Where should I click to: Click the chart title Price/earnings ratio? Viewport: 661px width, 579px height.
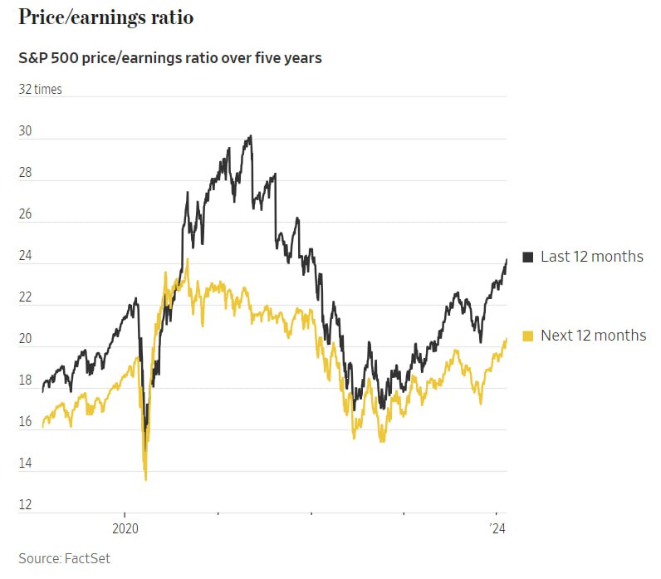tap(105, 17)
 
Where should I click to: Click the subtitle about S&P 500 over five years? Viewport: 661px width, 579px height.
tap(170, 59)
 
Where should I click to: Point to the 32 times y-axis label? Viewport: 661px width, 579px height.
tap(41, 90)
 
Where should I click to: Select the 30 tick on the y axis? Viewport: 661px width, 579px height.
tap(26, 131)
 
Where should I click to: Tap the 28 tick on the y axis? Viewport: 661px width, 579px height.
tap(26, 173)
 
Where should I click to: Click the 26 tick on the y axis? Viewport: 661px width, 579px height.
tap(26, 214)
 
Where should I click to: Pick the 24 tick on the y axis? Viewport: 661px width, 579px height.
tap(26, 256)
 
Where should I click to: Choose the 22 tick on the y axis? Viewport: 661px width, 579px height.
tap(26, 297)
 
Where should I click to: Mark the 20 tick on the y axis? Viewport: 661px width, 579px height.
tap(26, 339)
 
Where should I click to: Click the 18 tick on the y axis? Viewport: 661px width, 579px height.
tap(26, 380)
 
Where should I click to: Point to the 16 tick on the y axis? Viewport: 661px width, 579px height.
tap(26, 422)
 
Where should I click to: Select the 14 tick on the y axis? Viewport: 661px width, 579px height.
tap(26, 464)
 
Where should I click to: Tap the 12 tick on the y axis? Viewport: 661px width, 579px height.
tap(26, 505)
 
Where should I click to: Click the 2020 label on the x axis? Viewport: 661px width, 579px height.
tap(125, 528)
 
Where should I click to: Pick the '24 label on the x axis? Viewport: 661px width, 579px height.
tap(498, 528)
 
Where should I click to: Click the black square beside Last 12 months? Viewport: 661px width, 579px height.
tap(528, 257)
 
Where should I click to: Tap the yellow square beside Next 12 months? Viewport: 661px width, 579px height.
tap(528, 336)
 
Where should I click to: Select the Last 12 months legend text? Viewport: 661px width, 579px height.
tap(591, 257)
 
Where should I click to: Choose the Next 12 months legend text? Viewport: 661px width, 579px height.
tap(593, 336)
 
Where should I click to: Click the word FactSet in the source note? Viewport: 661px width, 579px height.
tap(86, 558)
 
